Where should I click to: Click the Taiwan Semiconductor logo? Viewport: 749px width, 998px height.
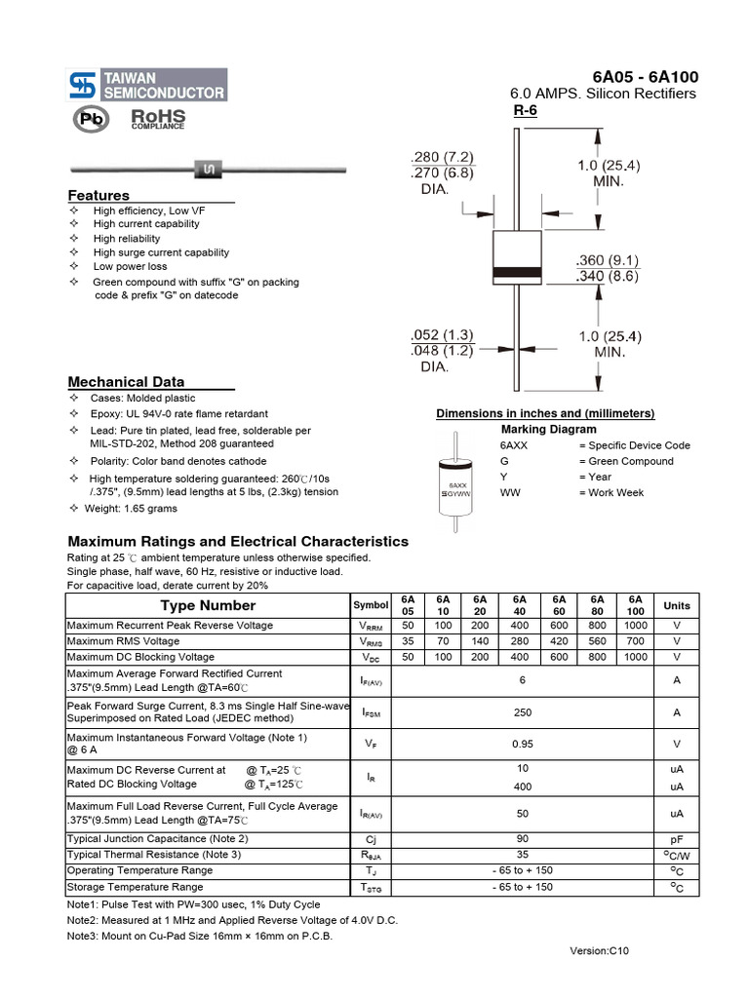[x=146, y=85]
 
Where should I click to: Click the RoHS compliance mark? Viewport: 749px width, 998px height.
[x=157, y=120]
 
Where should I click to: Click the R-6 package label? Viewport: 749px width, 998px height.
[x=526, y=111]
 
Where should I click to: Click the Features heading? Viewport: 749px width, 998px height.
[x=99, y=196]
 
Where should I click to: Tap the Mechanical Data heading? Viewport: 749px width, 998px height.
[x=126, y=382]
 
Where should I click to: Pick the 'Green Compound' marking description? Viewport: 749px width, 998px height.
[x=625, y=461]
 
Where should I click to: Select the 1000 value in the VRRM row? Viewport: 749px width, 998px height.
[x=636, y=625]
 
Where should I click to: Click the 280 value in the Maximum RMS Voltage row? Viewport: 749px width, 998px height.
[x=520, y=641]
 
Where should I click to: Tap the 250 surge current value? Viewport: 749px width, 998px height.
[x=523, y=712]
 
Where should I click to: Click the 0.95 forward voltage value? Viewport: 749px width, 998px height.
[x=523, y=744]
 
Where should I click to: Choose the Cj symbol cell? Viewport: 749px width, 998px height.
[x=371, y=839]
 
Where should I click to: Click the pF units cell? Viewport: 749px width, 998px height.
[x=676, y=839]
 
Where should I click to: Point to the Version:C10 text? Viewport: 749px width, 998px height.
[x=600, y=951]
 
